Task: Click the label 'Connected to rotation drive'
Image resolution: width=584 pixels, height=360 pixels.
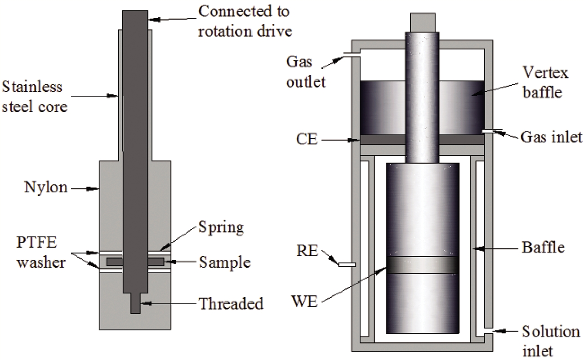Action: point(245,20)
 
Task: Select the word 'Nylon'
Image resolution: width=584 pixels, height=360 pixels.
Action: point(46,187)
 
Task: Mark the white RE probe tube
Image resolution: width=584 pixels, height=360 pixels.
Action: point(347,265)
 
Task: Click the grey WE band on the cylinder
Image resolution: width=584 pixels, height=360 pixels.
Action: point(423,265)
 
